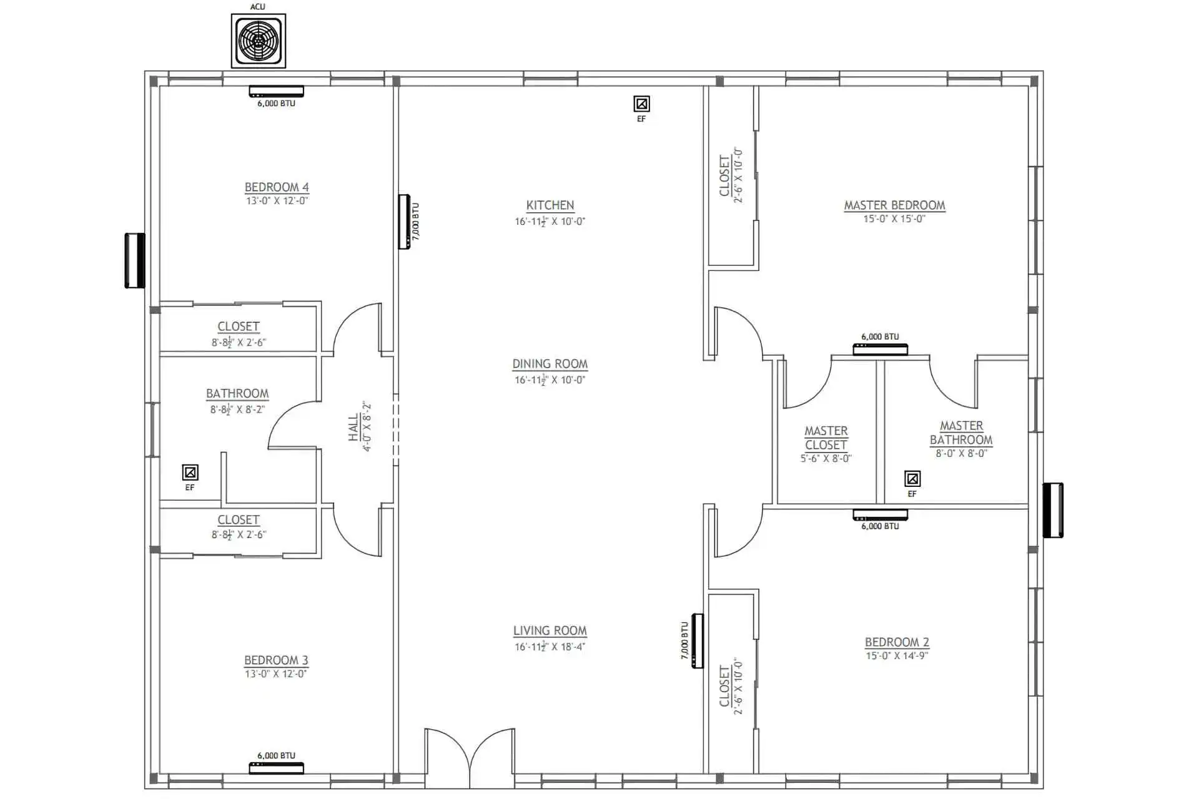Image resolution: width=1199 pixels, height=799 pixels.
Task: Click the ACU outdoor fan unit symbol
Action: pos(259,41)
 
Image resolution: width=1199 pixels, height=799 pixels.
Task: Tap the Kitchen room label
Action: pos(550,205)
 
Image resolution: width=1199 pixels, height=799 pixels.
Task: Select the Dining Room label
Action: pos(550,364)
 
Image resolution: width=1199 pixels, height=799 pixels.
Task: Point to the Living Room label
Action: pos(550,631)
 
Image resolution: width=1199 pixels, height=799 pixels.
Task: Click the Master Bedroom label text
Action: pos(895,205)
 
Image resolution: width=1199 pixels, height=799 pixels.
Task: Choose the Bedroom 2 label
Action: pos(897,642)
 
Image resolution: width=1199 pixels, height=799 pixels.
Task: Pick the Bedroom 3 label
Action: pos(276,660)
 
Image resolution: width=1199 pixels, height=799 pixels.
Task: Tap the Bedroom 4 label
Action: pos(277,187)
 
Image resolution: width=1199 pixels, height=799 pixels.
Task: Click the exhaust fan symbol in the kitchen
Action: pos(641,104)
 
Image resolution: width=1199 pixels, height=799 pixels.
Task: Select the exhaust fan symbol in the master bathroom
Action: pos(912,479)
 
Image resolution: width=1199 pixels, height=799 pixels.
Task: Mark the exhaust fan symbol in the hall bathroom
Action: pos(190,472)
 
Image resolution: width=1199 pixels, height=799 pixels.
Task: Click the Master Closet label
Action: pos(826,438)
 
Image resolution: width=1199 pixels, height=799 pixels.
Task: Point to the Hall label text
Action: pos(354,428)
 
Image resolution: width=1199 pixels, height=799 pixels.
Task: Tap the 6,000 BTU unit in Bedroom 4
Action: pos(277,92)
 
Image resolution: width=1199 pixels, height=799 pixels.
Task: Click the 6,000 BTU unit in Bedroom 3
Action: pos(277,768)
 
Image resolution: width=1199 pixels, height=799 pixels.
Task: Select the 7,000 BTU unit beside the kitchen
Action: pos(405,222)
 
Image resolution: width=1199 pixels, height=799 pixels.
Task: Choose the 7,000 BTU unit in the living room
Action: pos(698,641)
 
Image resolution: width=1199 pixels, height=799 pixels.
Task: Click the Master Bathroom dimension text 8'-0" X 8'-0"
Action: pos(961,454)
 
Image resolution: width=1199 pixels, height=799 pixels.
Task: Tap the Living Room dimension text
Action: pos(550,647)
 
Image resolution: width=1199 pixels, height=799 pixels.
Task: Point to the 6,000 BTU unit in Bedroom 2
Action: pos(881,515)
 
